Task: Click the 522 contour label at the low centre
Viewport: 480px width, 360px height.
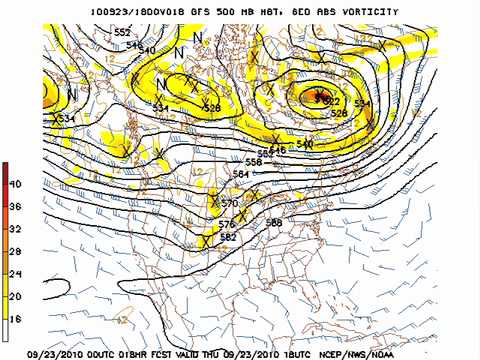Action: (332, 102)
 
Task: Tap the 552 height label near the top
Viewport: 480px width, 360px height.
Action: (122, 32)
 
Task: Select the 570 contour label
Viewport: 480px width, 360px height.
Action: (229, 203)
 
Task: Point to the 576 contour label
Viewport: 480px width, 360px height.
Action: (227, 224)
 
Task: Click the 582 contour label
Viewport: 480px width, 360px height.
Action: (227, 237)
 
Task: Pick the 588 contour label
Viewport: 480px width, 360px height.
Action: (273, 222)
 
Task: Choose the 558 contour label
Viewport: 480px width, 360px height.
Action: (253, 161)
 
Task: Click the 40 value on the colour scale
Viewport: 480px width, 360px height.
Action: (15, 184)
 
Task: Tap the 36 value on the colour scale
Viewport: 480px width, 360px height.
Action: (15, 206)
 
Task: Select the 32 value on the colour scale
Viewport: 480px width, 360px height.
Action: (15, 228)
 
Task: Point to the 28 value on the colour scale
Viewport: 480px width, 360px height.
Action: (15, 251)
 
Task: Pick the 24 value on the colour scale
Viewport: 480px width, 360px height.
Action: (15, 273)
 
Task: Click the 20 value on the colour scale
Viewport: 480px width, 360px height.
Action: (15, 296)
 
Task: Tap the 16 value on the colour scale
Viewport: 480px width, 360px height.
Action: (15, 318)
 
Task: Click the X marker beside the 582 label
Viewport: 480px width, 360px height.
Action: (205, 240)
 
